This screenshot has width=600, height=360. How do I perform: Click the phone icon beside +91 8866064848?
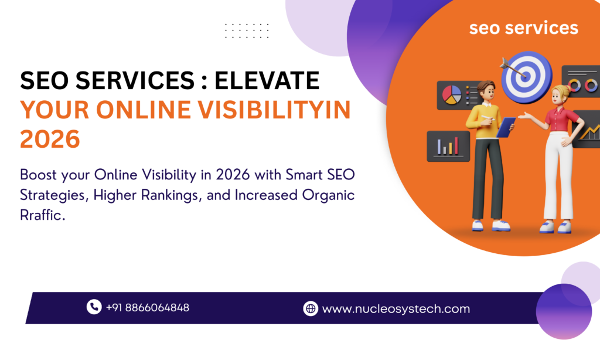click(94, 307)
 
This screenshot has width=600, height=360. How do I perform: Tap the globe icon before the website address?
click(310, 308)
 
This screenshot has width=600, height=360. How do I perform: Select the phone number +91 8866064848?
click(147, 307)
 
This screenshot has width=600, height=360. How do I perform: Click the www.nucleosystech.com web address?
click(396, 308)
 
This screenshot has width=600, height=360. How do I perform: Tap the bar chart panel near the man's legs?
click(448, 145)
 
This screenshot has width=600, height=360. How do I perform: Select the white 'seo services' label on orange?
click(523, 28)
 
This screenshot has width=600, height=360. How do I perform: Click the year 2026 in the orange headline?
click(50, 140)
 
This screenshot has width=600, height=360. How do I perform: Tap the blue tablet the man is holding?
click(505, 127)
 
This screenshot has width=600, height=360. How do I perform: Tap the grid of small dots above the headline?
click(247, 30)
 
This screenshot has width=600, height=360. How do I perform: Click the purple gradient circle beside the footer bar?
click(564, 311)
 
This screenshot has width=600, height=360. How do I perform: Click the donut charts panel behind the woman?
click(581, 81)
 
